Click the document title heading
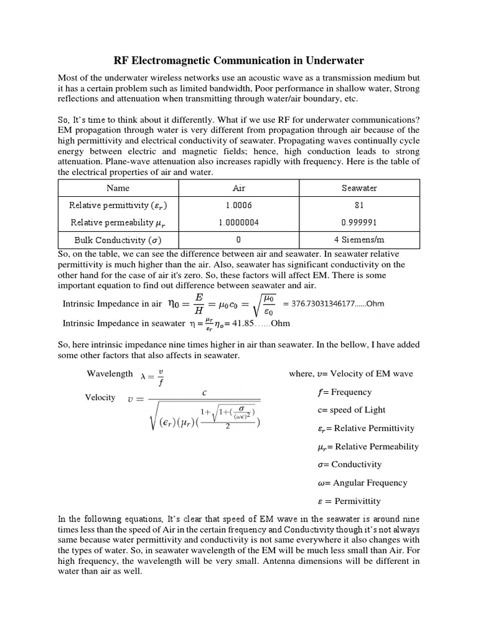click(x=239, y=60)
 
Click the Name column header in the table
click(x=118, y=188)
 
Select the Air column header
click(x=239, y=188)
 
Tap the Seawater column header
click(x=359, y=188)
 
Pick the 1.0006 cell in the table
click(x=239, y=204)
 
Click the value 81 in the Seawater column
click(x=359, y=204)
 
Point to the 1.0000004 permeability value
click(x=239, y=222)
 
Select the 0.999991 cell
click(x=359, y=222)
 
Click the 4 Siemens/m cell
click(x=359, y=240)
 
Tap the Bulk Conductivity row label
click(x=118, y=240)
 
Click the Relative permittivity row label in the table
click(x=118, y=204)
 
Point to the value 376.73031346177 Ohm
click(x=334, y=303)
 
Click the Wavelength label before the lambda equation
click(x=110, y=374)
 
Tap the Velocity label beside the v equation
click(x=100, y=398)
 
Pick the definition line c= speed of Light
click(x=351, y=410)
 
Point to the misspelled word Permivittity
click(x=357, y=501)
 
